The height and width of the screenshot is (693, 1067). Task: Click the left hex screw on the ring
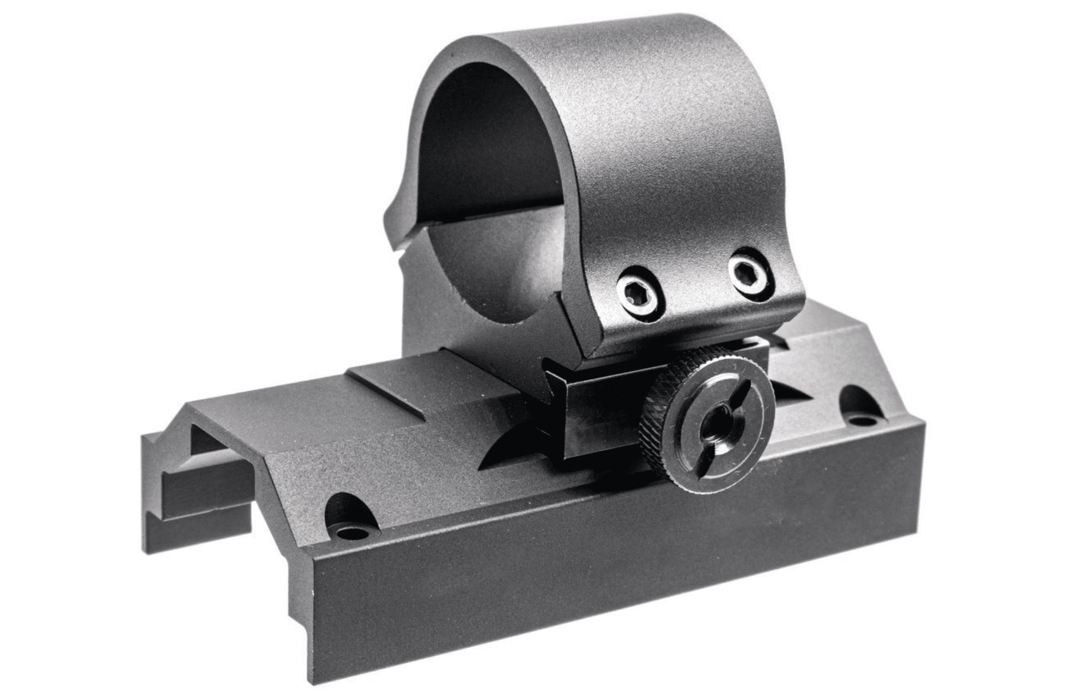(x=637, y=290)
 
